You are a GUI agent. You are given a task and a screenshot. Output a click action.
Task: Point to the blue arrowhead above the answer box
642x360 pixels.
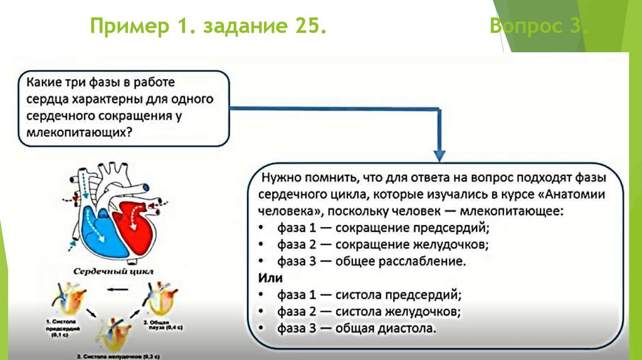pos(439,154)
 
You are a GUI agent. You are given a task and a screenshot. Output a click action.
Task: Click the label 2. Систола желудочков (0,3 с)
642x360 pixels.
pos(116,356)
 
